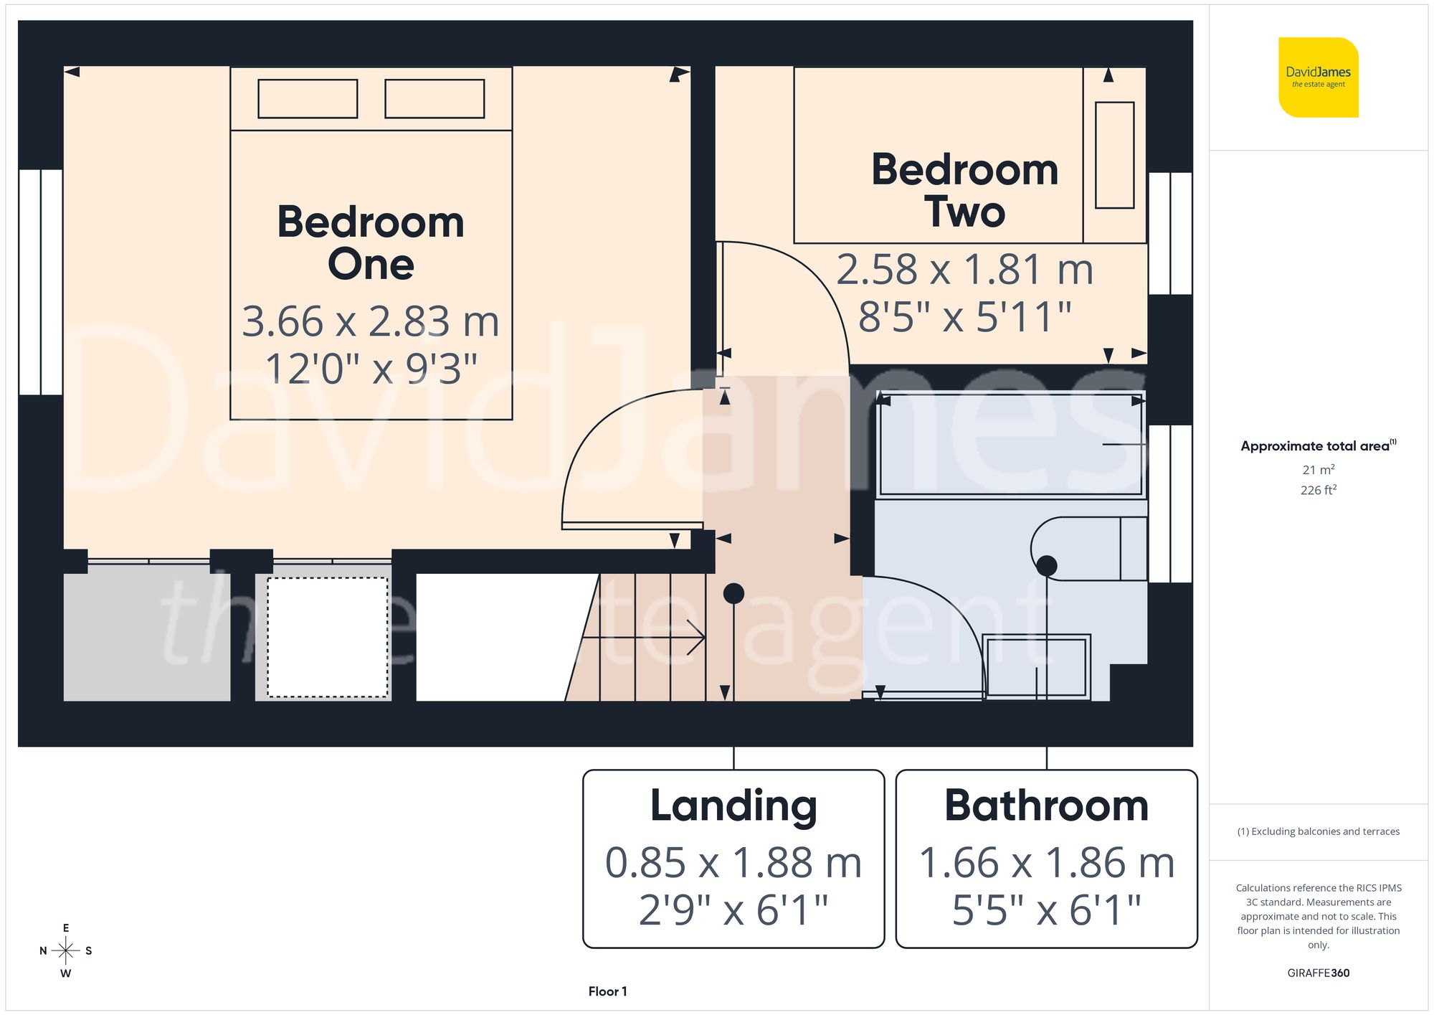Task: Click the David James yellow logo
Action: (x=1318, y=77)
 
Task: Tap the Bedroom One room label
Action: (x=371, y=242)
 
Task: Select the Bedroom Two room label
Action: (x=964, y=190)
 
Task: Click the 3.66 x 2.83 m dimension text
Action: (x=371, y=321)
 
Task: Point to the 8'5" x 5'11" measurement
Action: (x=964, y=316)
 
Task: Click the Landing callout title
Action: (x=733, y=806)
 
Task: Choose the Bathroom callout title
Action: (x=1046, y=806)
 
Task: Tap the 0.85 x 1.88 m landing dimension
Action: (x=733, y=862)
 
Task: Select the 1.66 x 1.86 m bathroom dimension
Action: (x=1046, y=862)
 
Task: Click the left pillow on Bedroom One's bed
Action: (x=308, y=98)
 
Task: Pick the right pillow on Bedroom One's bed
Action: (x=435, y=98)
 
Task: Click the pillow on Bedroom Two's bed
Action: (x=1115, y=155)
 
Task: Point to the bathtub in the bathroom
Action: (x=1011, y=444)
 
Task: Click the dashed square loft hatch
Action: (x=328, y=637)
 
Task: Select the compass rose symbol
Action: (x=66, y=951)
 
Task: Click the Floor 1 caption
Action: (x=607, y=991)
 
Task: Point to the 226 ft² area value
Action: (x=1319, y=490)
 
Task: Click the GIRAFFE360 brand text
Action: (x=1319, y=973)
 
